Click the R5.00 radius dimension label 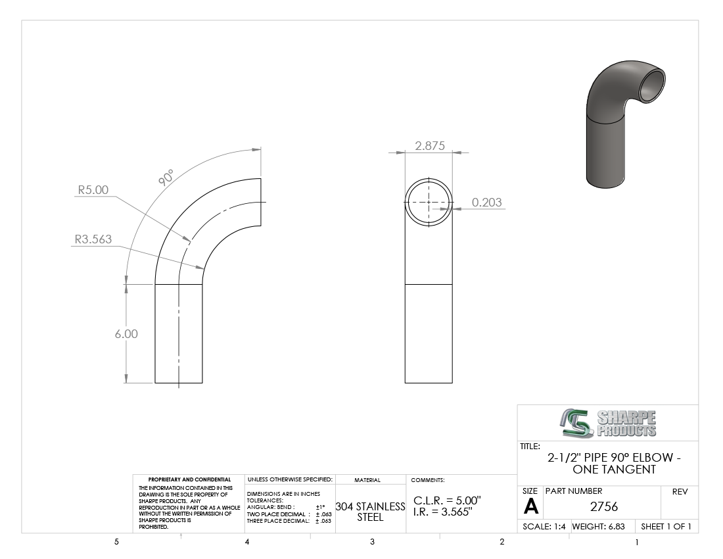(93, 190)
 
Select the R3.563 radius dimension (93, 239)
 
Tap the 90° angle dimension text (166, 178)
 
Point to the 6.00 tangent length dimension (126, 334)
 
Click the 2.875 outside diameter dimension (430, 146)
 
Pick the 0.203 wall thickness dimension (487, 203)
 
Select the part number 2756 (604, 507)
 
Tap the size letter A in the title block (530, 507)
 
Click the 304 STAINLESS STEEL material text (370, 512)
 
